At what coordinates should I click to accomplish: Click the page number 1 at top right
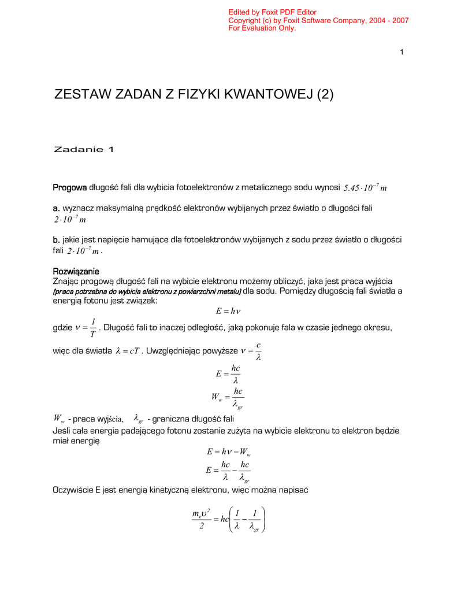401,53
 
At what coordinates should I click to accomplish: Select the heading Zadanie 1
84,150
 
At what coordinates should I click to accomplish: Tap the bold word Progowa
69,187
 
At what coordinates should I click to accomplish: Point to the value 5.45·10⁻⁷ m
365,188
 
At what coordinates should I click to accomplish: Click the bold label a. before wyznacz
57,208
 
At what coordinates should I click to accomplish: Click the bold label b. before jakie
57,239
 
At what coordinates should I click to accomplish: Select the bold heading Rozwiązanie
76,271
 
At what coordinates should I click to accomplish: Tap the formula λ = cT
128,351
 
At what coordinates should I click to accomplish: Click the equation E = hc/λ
228,374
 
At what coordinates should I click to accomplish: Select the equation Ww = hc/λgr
228,398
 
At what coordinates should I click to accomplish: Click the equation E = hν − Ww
228,451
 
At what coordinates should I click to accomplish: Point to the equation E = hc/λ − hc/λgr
228,471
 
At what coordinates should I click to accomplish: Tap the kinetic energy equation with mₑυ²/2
228,519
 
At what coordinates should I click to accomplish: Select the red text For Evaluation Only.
262,28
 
